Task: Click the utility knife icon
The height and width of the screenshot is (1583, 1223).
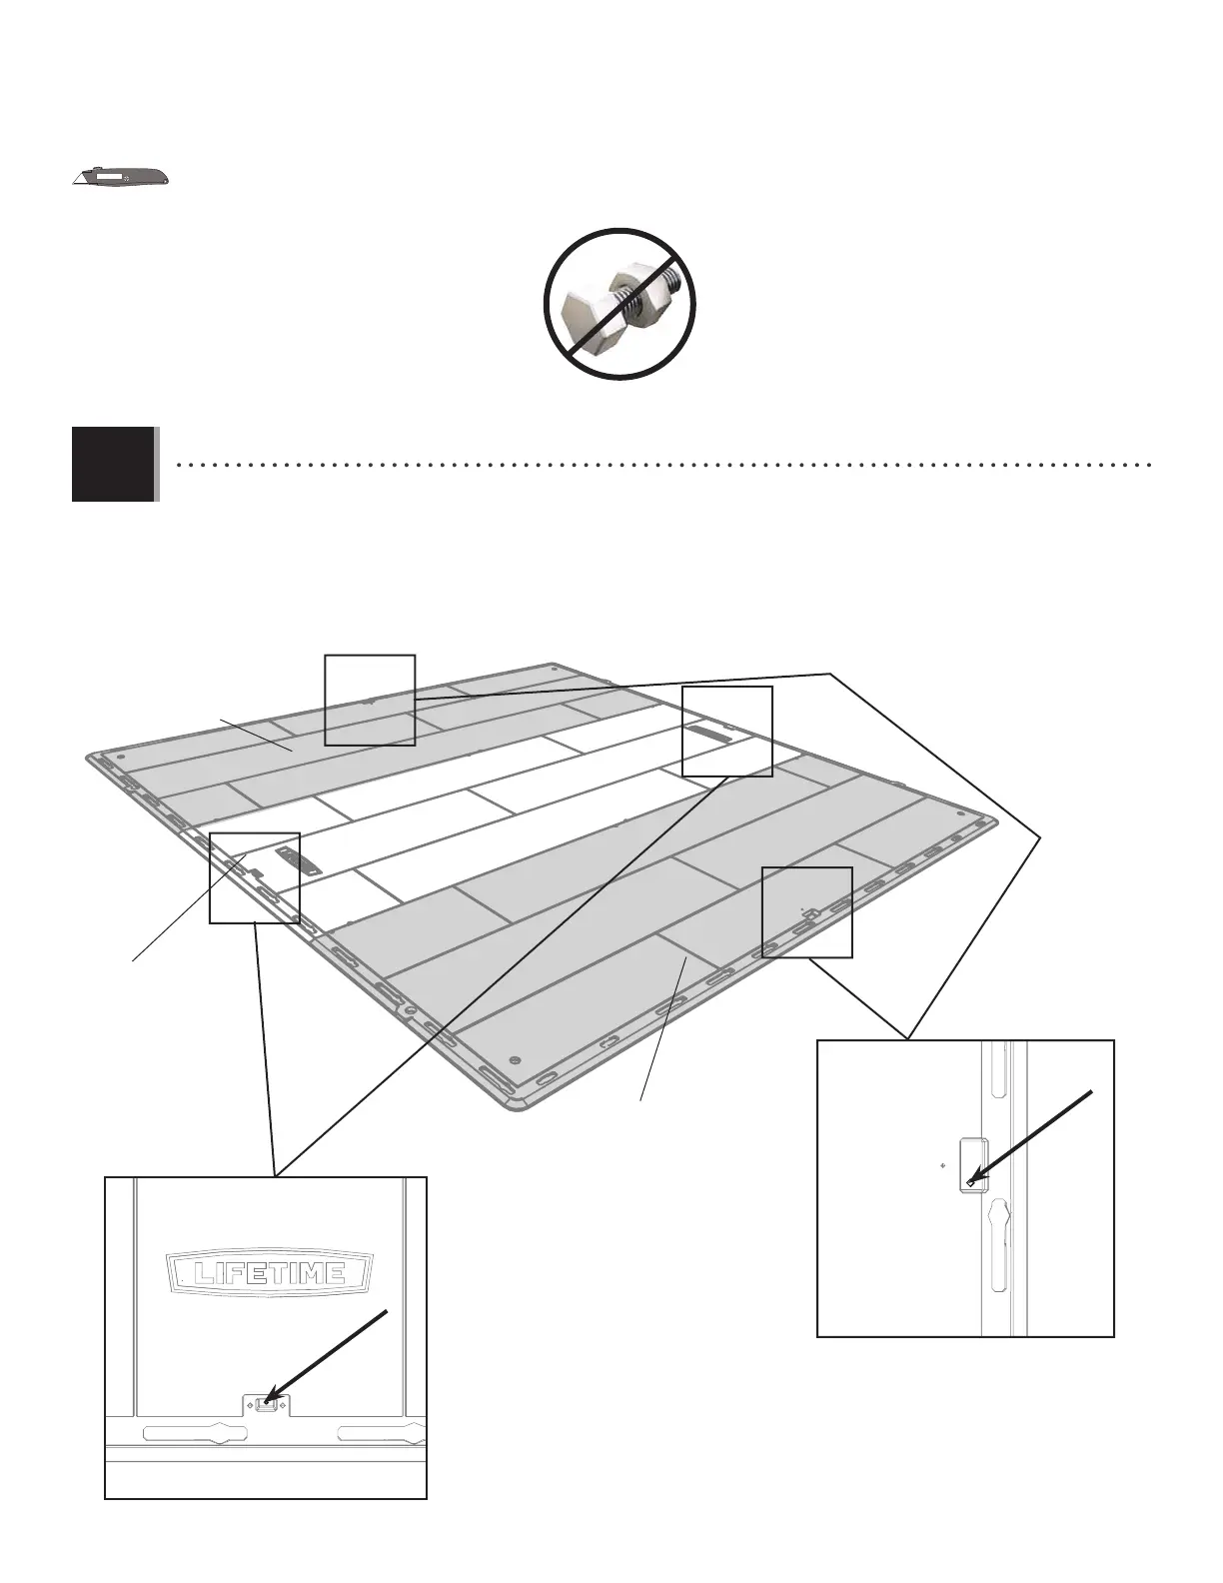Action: click(x=121, y=178)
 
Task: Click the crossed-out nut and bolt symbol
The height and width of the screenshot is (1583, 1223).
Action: click(x=619, y=304)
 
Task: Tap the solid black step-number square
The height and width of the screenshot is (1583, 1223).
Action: click(x=114, y=464)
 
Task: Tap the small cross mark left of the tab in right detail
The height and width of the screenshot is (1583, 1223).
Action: click(x=943, y=1165)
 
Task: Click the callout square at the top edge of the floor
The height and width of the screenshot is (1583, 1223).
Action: click(x=370, y=700)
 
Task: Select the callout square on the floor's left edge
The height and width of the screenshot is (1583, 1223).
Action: click(x=254, y=876)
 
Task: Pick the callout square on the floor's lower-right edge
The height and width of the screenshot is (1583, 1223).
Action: click(x=806, y=912)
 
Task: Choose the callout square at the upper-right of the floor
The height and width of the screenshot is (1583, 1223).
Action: click(x=726, y=731)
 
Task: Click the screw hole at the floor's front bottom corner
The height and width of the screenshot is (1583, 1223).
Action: click(x=515, y=1059)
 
